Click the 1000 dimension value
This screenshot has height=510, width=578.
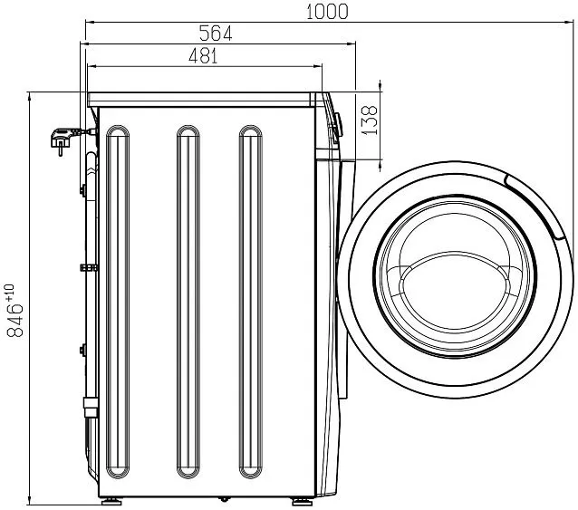[x=327, y=12]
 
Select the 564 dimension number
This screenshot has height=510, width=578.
[x=216, y=34]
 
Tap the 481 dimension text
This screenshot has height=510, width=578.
[x=203, y=56]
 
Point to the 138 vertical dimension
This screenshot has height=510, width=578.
[x=370, y=120]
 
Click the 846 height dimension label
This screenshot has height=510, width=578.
[x=14, y=320]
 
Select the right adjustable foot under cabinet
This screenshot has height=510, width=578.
[x=302, y=502]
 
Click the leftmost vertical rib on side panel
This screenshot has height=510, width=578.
[x=118, y=303]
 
